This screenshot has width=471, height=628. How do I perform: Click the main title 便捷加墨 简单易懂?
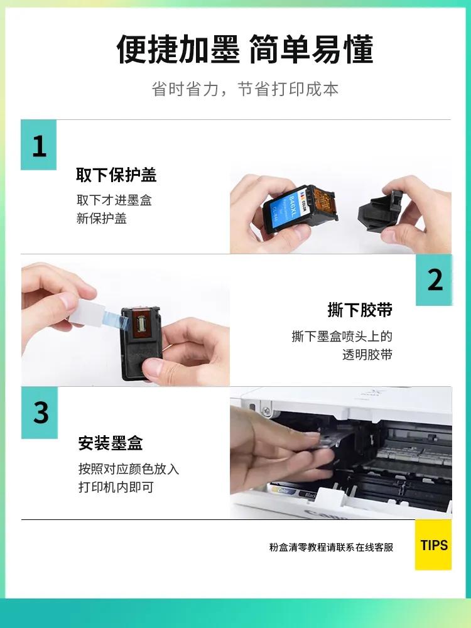coord(245,50)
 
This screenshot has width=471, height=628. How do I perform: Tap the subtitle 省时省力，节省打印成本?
coord(245,89)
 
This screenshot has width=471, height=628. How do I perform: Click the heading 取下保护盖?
coord(116,175)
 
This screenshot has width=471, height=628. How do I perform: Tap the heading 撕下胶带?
coord(360,310)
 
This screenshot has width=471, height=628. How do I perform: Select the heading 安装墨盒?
coord(111,443)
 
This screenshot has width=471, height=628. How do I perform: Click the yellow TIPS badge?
coord(433,544)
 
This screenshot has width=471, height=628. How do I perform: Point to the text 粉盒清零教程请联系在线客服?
coord(331,547)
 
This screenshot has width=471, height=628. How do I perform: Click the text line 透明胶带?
coord(367,354)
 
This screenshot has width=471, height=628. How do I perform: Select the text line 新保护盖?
coord(101,219)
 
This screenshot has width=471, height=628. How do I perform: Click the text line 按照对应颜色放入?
coord(129,469)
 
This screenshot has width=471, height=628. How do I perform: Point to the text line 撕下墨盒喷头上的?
coord(342,336)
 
